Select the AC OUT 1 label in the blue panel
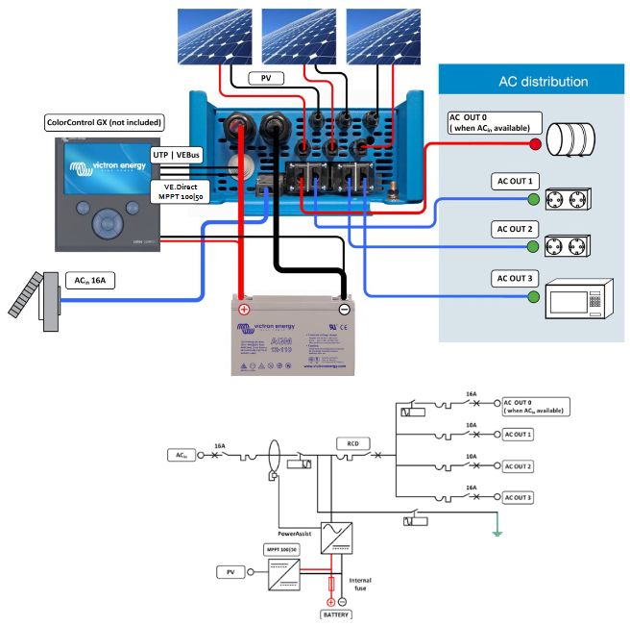pyautogui.click(x=517, y=181)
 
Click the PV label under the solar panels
pyautogui.click(x=262, y=78)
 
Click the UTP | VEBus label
pyautogui.click(x=181, y=154)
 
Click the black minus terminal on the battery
pyautogui.click(x=344, y=310)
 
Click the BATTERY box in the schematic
pyautogui.click(x=337, y=613)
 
